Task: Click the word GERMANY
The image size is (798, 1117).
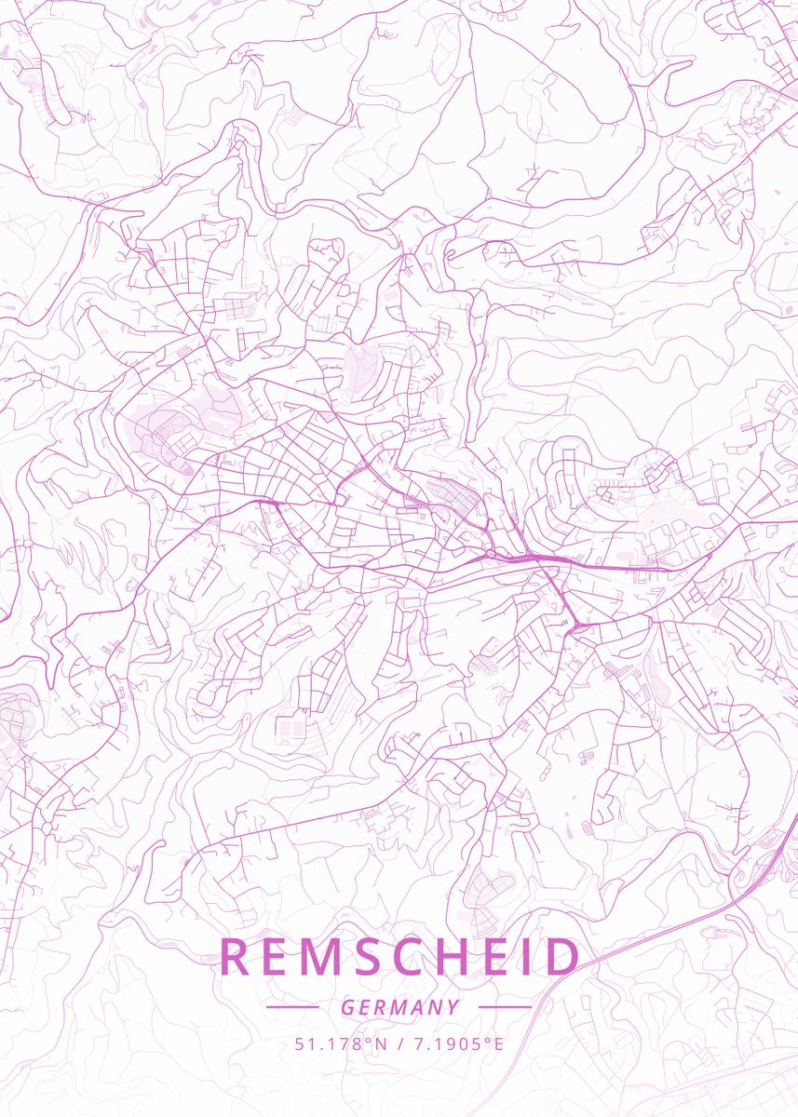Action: pyautogui.click(x=399, y=1007)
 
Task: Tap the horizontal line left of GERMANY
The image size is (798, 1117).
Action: pyautogui.click(x=292, y=1007)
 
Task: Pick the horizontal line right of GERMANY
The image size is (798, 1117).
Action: pyautogui.click(x=505, y=1007)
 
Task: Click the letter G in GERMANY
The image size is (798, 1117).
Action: pyautogui.click(x=347, y=1007)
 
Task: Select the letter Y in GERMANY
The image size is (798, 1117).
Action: pyautogui.click(x=453, y=1007)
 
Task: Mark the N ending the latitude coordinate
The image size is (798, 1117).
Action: pyautogui.click(x=380, y=1043)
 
